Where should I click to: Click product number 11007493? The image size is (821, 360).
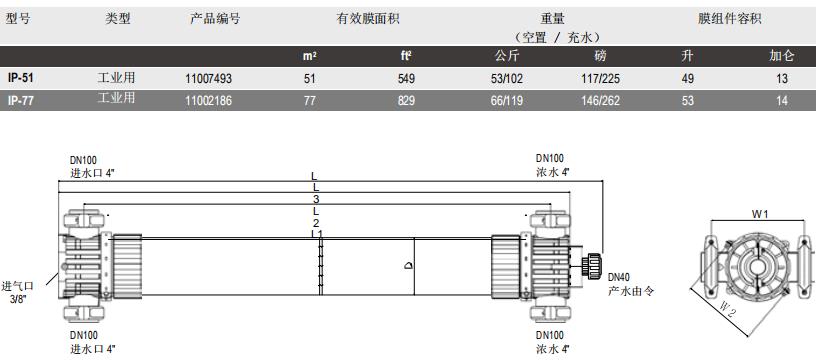[x=209, y=77]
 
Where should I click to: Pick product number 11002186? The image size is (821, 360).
[x=209, y=100]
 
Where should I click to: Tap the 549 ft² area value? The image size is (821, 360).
[x=406, y=77]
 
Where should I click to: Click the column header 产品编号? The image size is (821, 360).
[x=215, y=19]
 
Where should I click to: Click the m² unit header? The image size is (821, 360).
[x=310, y=56]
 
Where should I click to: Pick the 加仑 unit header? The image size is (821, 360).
[x=781, y=56]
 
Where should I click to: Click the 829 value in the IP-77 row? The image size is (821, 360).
[x=406, y=100]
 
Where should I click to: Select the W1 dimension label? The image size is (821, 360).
[x=760, y=212]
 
